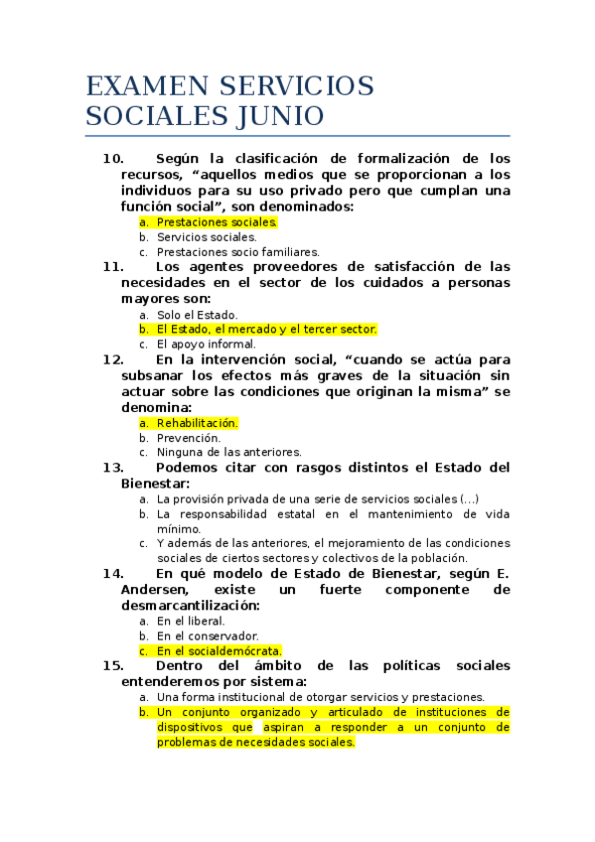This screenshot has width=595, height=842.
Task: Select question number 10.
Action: point(112,159)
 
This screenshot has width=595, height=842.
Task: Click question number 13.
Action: point(112,468)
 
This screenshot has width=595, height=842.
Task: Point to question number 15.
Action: point(112,665)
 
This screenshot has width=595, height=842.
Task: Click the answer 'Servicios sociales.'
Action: point(207,237)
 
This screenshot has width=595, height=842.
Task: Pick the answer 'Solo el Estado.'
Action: point(198,315)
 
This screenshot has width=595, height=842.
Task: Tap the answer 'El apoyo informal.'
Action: point(206,345)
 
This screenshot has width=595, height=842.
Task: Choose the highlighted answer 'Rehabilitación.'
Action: point(198,423)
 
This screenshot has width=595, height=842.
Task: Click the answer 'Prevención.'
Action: point(189,437)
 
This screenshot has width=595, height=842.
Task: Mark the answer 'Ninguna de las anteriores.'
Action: point(229,452)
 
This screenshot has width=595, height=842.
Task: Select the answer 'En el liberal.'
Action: point(191,621)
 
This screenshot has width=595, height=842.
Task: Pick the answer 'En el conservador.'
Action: point(208,635)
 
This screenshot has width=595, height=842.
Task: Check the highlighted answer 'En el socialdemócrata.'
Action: point(220,650)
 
